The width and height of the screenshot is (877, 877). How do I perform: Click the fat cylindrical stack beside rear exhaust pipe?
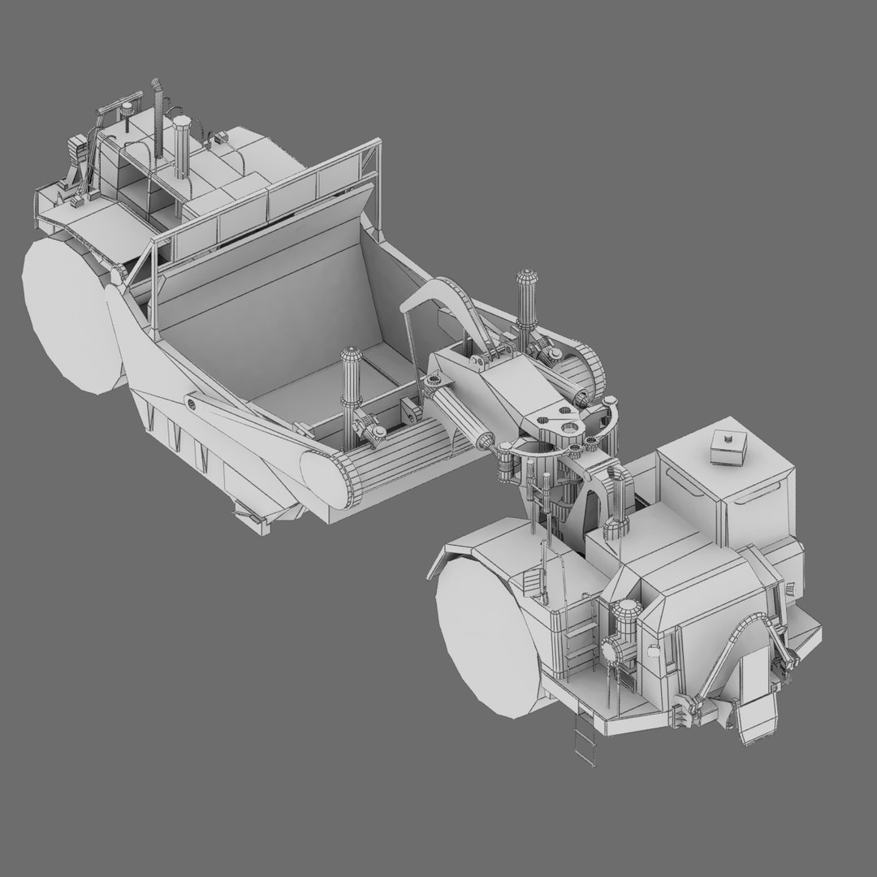181,146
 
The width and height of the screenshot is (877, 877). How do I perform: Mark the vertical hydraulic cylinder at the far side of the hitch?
524,305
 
